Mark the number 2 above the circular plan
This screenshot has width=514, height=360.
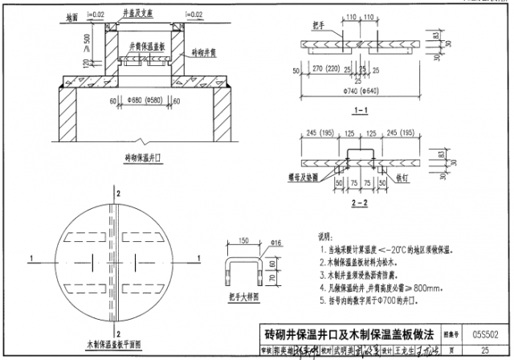coord(119,195)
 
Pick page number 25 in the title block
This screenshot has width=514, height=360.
coord(485,350)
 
